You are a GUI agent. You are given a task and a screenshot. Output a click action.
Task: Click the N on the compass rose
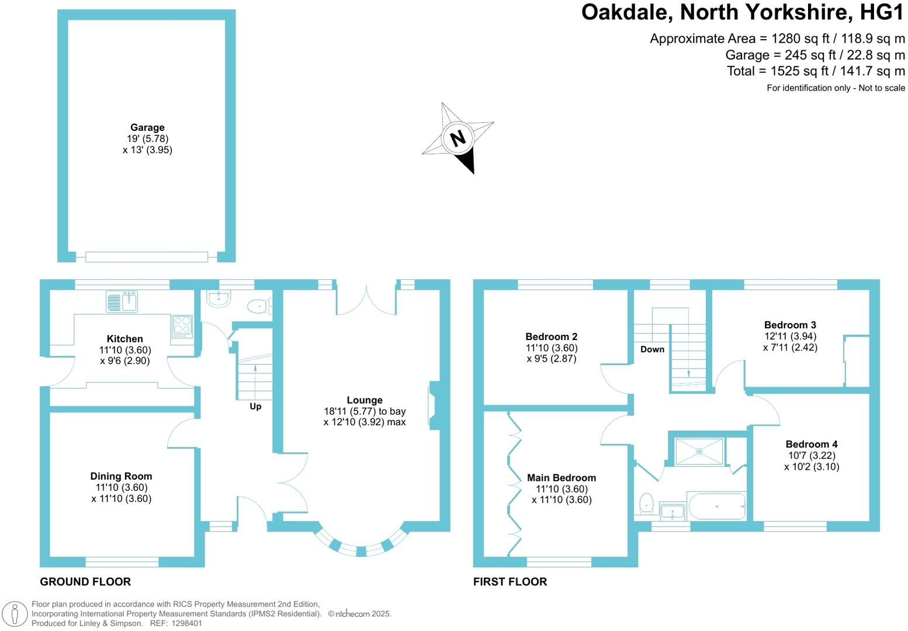458,138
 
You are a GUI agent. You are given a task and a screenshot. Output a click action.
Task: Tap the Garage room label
147,127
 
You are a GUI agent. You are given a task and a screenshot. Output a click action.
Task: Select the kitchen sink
122,301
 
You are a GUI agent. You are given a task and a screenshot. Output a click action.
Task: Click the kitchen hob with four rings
182,326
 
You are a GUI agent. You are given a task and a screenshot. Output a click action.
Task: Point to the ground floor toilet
258,306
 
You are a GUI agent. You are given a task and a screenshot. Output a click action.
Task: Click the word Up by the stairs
255,406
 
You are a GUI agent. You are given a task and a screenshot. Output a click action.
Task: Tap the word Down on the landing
652,349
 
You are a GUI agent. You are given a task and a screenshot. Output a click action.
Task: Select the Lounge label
365,400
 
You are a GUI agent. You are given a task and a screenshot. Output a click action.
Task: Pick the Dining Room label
121,476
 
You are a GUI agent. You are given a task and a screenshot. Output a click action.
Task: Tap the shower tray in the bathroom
699,451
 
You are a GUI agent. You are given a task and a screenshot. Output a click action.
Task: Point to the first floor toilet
646,503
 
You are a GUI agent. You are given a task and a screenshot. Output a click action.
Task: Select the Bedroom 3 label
790,325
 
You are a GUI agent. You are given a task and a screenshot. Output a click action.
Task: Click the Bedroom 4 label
811,444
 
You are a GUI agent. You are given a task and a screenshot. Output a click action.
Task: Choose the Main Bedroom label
562,478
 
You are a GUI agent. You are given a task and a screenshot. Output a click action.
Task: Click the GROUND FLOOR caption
85,582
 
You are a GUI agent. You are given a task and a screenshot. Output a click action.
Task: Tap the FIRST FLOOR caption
510,582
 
